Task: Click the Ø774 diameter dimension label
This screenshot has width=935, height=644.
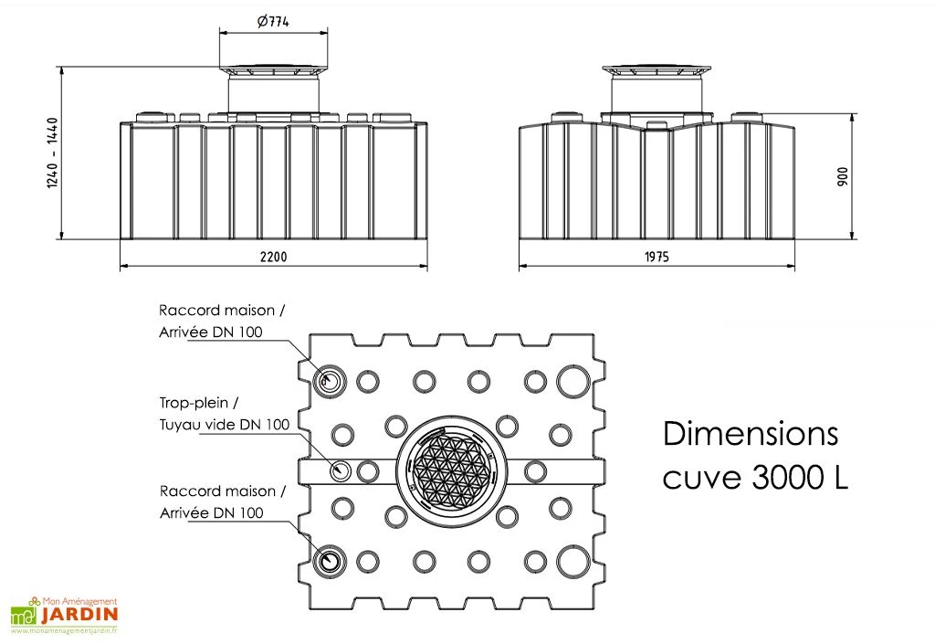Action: point(273,23)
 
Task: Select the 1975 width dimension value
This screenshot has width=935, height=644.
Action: point(655,257)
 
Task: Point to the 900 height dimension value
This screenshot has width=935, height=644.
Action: point(843,176)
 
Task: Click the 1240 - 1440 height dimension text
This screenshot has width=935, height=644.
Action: point(52,153)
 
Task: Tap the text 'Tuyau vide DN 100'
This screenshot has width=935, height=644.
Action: point(224,424)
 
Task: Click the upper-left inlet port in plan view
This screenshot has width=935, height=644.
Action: point(330,381)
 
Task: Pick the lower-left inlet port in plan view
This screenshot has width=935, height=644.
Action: point(330,560)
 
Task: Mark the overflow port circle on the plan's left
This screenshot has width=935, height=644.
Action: point(341,471)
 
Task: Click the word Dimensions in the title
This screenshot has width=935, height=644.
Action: point(751,434)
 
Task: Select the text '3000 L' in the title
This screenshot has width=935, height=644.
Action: point(801,478)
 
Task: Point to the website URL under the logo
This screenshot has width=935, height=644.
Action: point(64,631)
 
